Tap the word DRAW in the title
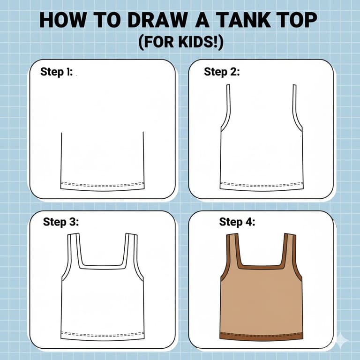(x=157, y=20)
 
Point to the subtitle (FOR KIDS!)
(x=181, y=43)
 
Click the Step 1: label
(x=56, y=72)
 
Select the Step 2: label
(x=222, y=72)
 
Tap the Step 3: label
(x=61, y=222)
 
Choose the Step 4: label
(x=237, y=222)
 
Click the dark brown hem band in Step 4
(x=261, y=336)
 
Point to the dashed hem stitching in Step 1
(x=102, y=184)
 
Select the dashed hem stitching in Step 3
(x=103, y=334)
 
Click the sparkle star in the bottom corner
(x=342, y=341)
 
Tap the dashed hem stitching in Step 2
(x=262, y=184)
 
